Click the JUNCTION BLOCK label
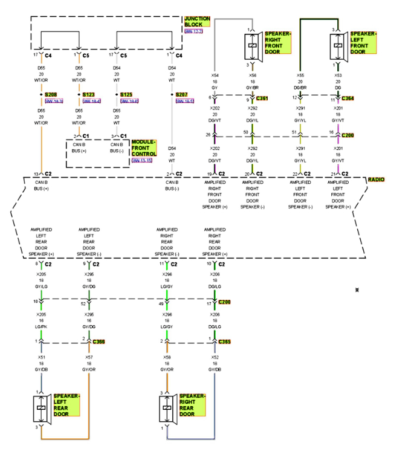(197, 22)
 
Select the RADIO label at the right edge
(377, 180)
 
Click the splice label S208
(51, 95)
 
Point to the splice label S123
(89, 95)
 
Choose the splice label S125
(126, 95)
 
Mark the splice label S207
(182, 95)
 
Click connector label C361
(262, 98)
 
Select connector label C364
(348, 98)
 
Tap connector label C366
(99, 342)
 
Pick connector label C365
(224, 342)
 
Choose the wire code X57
(89, 357)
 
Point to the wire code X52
(215, 357)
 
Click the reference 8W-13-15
(142, 161)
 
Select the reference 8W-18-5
(184, 101)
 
